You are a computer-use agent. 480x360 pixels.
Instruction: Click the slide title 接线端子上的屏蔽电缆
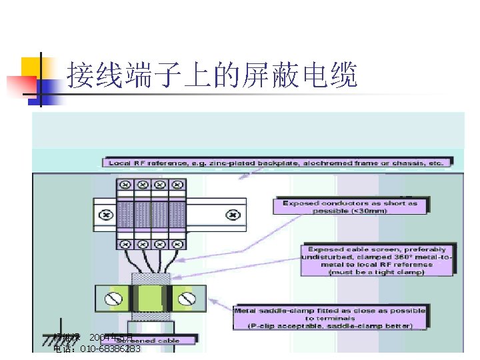click(x=212, y=76)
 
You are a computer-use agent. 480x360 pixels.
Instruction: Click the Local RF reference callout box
click(x=277, y=162)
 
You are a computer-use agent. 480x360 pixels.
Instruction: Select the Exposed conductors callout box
click(x=350, y=207)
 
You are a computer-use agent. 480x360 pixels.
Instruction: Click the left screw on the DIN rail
click(x=105, y=215)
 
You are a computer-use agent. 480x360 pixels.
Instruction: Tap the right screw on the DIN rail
click(x=232, y=215)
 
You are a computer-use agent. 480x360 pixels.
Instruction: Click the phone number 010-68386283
click(x=110, y=349)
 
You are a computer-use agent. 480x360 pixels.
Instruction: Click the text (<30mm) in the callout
click(x=350, y=211)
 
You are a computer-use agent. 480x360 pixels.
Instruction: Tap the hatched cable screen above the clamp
click(x=150, y=278)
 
